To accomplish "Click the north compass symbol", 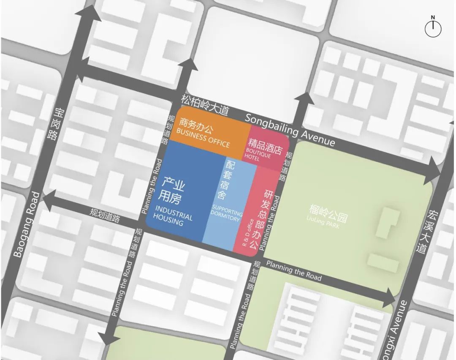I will tap(433, 28).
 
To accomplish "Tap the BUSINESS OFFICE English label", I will tap(203, 138).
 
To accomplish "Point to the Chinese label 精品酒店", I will tap(265, 145).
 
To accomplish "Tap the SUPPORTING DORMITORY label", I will tap(226, 213).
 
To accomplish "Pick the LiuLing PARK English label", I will tap(323, 221).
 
